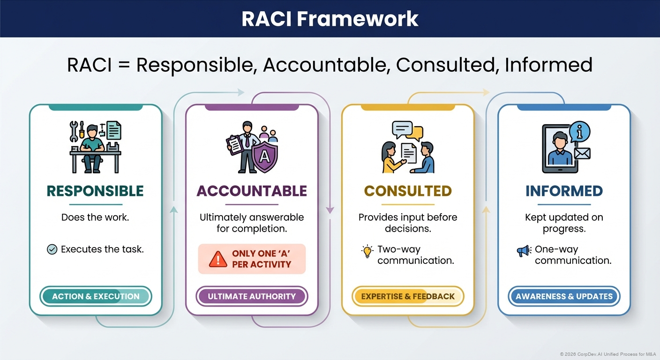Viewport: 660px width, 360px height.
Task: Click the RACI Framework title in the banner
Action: pyautogui.click(x=330, y=19)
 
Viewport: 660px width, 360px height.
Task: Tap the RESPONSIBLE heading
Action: pyautogui.click(x=95, y=191)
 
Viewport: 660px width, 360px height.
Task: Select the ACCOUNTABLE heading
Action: pyautogui.click(x=252, y=191)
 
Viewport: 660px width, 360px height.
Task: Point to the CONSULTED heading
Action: pyautogui.click(x=408, y=191)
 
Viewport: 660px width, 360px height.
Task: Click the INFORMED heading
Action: pyautogui.click(x=564, y=191)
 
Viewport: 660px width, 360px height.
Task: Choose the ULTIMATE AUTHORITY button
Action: pyautogui.click(x=252, y=296)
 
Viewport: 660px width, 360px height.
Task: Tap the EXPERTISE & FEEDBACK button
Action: pyautogui.click(x=408, y=296)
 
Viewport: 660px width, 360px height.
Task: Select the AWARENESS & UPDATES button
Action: pyautogui.click(x=564, y=296)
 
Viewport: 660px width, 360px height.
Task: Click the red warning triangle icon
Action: pyautogui.click(x=217, y=259)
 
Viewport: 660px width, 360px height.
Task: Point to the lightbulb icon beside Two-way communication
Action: pyautogui.click(x=367, y=251)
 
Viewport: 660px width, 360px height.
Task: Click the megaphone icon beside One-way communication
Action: pyautogui.click(x=523, y=251)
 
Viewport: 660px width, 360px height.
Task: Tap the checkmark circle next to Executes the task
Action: pyautogui.click(x=52, y=249)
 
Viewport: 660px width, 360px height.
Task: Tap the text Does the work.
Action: pyautogui.click(x=95, y=217)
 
